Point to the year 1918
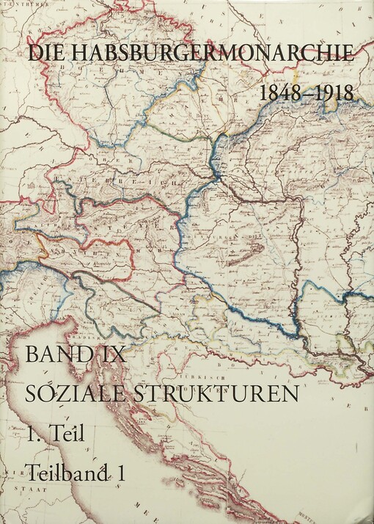pos(334,93)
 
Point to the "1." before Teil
pos(32,434)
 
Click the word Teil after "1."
pos(68,434)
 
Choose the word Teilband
pos(66,473)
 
